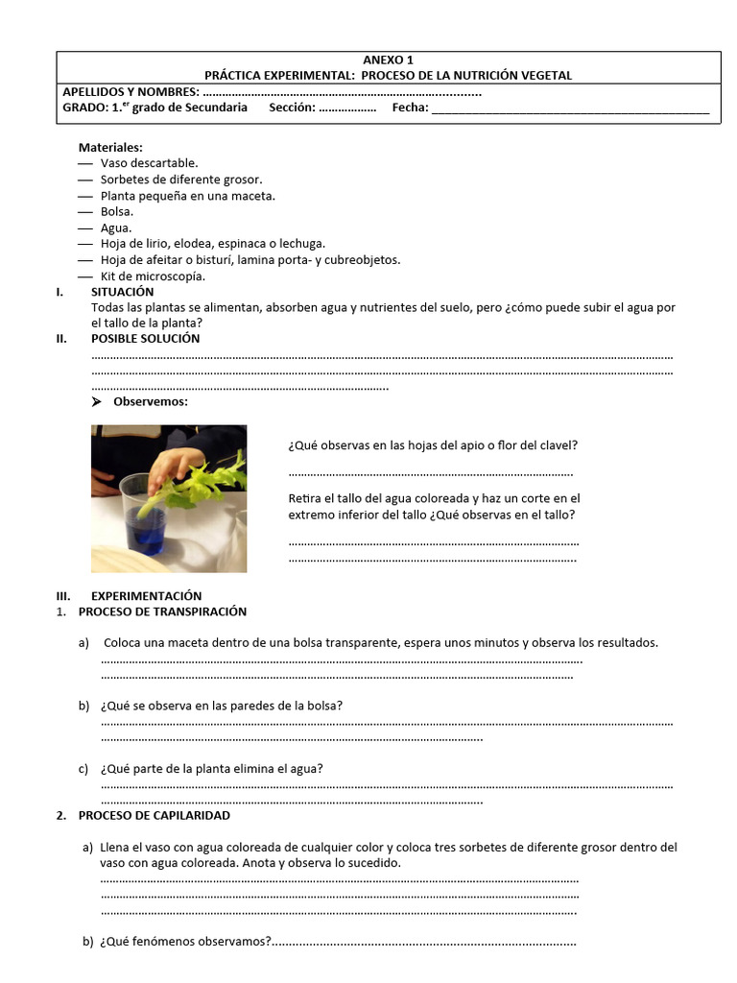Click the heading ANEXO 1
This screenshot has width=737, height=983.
click(x=389, y=60)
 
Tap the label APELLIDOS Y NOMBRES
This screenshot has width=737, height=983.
click(x=131, y=91)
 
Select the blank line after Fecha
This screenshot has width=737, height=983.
click(x=570, y=108)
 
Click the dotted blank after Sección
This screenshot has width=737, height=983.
click(x=347, y=108)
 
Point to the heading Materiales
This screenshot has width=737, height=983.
click(x=110, y=147)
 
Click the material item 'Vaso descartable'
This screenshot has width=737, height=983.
click(x=149, y=163)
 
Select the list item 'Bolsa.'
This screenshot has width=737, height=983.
click(x=117, y=211)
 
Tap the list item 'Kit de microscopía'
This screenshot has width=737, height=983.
click(x=153, y=276)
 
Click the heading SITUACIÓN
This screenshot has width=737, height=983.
click(x=123, y=291)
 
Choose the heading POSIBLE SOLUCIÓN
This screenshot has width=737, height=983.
click(x=146, y=338)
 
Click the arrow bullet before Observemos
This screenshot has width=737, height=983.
click(x=97, y=401)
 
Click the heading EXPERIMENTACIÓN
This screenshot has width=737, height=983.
click(x=147, y=595)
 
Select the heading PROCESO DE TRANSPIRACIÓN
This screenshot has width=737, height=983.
click(x=162, y=611)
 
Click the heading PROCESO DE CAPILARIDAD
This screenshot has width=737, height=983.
click(x=155, y=815)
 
